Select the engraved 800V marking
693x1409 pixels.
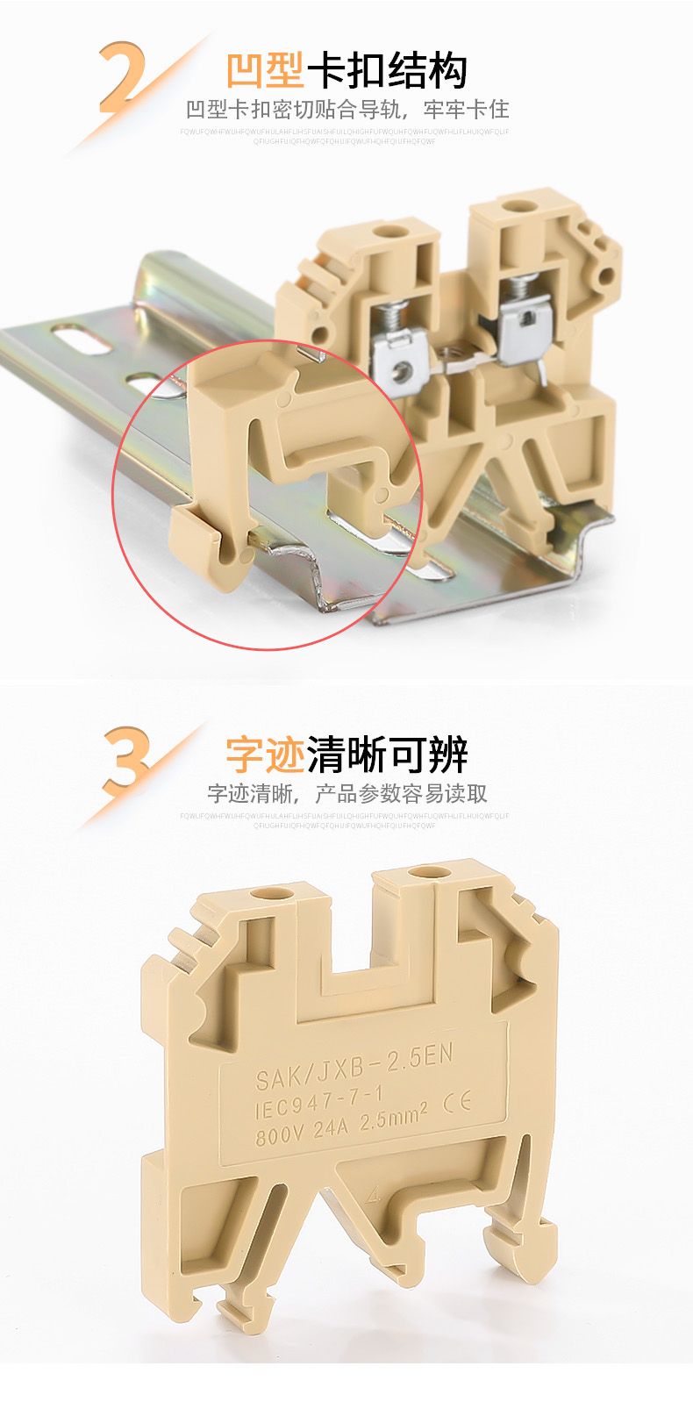point(279,1137)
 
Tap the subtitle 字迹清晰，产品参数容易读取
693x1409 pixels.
point(346,794)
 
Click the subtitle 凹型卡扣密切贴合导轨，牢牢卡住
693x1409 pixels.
point(346,110)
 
